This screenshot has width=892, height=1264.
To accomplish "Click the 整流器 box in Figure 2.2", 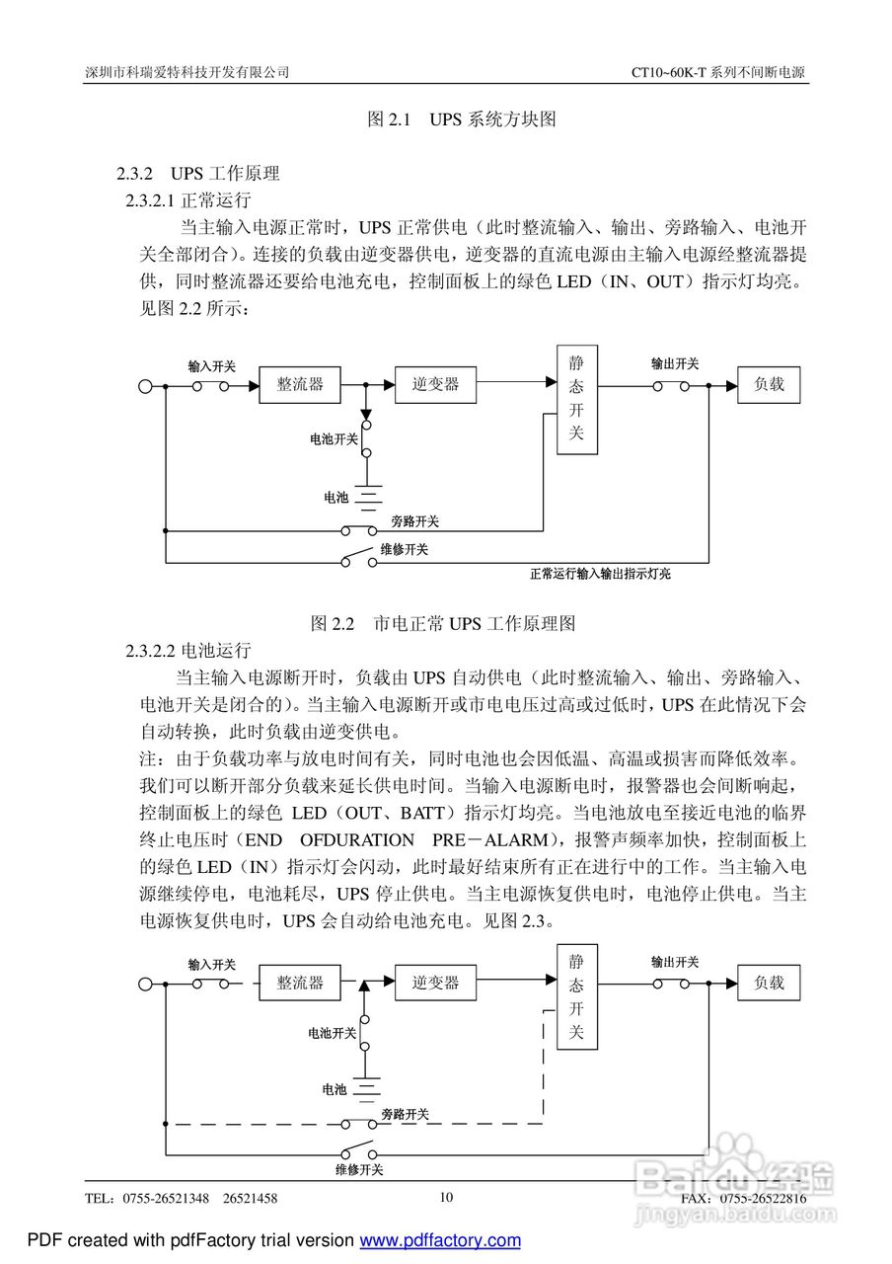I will point(299,384).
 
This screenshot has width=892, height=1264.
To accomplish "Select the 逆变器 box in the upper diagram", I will point(435,384).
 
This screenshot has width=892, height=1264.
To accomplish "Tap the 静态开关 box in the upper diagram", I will point(577,399).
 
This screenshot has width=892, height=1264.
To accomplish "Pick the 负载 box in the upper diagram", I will point(769,384).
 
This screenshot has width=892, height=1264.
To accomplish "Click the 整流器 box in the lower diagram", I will point(299,983).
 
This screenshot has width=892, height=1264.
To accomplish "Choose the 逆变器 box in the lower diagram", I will point(435,983).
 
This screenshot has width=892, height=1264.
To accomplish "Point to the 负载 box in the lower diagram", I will point(769,983).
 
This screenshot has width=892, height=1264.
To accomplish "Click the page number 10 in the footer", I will point(446,1197).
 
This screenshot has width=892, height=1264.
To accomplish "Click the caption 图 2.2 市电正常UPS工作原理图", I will point(443,623).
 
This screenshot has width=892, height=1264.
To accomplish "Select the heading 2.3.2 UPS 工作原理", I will point(198,174).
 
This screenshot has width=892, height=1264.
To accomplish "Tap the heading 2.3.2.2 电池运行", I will point(188,651).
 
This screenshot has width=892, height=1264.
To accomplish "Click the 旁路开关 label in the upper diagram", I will point(414,520).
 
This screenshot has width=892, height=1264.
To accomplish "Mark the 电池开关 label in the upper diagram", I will point(334,438).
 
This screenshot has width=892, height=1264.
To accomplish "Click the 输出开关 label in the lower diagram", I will point(675,962).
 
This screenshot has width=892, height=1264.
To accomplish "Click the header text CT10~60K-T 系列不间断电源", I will point(718,73).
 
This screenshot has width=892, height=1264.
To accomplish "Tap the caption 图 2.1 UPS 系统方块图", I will point(462,119).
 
